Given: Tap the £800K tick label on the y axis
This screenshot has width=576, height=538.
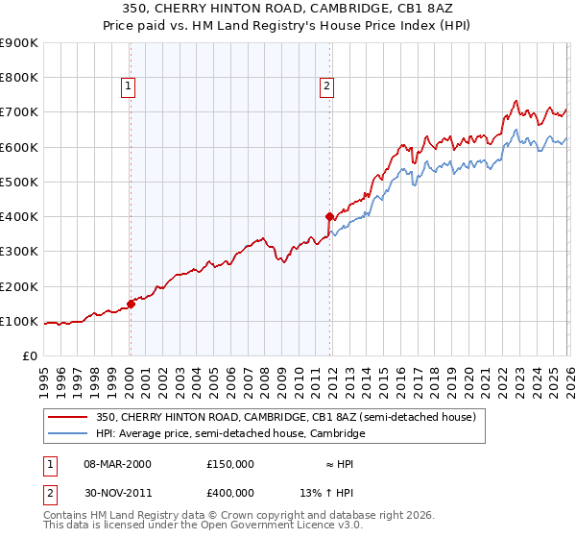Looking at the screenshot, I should [x=18, y=78].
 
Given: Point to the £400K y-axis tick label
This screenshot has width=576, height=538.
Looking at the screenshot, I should [x=18, y=217].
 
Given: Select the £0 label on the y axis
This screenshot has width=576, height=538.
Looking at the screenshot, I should [x=29, y=356].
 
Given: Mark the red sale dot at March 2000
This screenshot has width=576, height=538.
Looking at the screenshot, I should [x=132, y=304].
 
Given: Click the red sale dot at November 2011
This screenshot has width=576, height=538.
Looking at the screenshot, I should [x=329, y=217].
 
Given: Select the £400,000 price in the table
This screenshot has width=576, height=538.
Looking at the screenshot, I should [x=230, y=492].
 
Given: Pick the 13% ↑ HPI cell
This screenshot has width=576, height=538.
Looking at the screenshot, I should [x=333, y=492].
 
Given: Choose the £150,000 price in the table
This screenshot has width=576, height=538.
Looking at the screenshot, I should [x=230, y=464].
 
